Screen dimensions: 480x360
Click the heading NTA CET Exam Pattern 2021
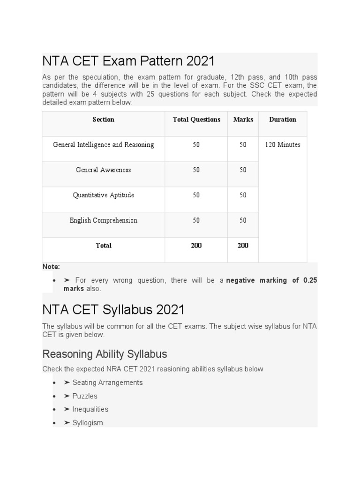[128, 61]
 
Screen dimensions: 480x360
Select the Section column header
[103, 120]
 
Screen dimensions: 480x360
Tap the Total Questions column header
[196, 120]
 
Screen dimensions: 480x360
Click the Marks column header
[243, 120]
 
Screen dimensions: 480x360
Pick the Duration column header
[283, 120]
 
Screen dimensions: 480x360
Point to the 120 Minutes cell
[283, 145]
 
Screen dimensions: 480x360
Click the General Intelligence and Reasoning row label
[103, 145]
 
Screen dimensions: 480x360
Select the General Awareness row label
[103, 170]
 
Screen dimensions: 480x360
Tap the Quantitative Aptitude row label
[103, 195]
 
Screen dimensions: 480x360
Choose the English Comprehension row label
[103, 220]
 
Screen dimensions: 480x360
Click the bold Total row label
[103, 246]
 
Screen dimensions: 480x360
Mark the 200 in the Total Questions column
[196, 246]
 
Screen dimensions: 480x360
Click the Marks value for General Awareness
[243, 170]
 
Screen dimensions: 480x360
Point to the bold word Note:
[51, 267]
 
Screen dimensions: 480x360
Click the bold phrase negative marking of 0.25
[272, 280]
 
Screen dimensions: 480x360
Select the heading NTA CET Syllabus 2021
[113, 310]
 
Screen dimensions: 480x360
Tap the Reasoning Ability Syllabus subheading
[105, 353]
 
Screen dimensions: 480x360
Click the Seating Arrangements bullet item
[107, 382]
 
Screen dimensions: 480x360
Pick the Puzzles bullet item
[84, 396]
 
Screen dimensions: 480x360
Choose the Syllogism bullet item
[87, 423]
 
